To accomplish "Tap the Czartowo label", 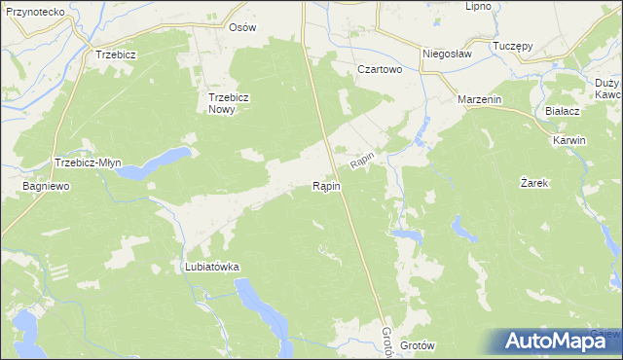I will pos(380,70).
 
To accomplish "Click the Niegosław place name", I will pos(447,54).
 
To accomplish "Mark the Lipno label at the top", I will pos(478,6).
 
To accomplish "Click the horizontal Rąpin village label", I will pos(326,186).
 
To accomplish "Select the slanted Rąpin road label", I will pos(363,157).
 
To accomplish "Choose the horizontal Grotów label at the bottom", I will pos(417,345).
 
